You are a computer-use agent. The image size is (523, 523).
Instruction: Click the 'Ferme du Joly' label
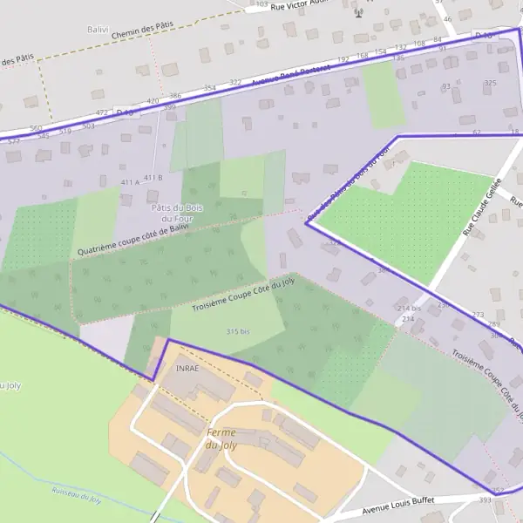point(221,438)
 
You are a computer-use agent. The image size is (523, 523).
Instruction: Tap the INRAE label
point(187,368)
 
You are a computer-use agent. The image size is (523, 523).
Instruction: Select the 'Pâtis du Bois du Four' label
point(171,213)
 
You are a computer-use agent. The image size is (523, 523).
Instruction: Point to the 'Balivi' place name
point(98,29)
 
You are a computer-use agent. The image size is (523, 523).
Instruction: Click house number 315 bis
point(238,332)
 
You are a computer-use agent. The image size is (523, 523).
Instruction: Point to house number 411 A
point(130,182)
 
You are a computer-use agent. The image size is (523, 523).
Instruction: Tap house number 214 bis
point(409,309)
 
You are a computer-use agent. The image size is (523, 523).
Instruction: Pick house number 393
point(485,500)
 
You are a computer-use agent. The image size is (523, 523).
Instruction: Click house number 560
point(36,128)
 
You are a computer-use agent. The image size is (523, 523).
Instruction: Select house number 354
point(209,88)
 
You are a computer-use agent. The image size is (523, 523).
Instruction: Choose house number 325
point(490,83)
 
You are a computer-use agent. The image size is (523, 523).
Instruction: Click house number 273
point(478,315)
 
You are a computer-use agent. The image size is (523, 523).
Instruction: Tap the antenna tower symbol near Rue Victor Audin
point(357,13)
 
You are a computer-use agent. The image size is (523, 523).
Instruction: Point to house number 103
point(262,4)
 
